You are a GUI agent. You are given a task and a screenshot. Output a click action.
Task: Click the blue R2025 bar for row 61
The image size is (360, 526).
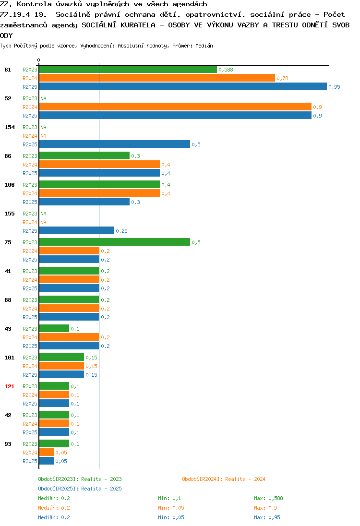coord(183,86)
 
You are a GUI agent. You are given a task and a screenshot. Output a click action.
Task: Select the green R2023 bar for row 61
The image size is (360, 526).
coord(128,70)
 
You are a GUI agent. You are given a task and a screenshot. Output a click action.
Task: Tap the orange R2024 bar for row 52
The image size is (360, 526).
coord(175,107)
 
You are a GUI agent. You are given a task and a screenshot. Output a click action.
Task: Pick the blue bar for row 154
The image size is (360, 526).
coord(114,144)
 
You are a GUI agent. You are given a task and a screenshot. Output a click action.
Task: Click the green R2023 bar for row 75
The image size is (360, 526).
coord(114,242)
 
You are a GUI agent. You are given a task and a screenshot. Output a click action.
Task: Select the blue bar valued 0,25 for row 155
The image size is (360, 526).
coord(76,230)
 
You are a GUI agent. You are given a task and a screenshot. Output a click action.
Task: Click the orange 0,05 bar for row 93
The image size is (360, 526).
coord(46,452)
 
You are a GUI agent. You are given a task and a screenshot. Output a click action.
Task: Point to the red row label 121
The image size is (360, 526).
coord(10,386)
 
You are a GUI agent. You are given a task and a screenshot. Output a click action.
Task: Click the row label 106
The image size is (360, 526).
coord(10,185)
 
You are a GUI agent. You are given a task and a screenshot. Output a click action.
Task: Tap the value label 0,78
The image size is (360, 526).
coord(283,78)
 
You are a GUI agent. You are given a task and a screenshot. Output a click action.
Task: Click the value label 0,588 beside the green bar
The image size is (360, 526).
coord(226,70)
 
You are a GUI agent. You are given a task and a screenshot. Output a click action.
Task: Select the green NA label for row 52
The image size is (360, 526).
coord(43,98)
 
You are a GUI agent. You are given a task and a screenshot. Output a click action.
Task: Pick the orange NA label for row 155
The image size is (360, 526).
coord(43,222)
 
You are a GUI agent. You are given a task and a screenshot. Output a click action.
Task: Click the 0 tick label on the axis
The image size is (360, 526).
coord(38,60)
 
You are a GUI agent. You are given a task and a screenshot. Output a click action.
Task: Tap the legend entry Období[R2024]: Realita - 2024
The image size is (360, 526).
coord(224,479)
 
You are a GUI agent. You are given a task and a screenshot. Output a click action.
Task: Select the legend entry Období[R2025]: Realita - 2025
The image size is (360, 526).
coord(80,489)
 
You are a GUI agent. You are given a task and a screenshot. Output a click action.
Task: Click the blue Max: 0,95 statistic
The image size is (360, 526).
coord(267,517)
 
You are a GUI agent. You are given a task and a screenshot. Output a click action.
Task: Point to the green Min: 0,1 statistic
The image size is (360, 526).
coord(169,498)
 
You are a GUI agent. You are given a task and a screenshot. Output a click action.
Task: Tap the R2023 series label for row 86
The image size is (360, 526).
coord(30,156)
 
